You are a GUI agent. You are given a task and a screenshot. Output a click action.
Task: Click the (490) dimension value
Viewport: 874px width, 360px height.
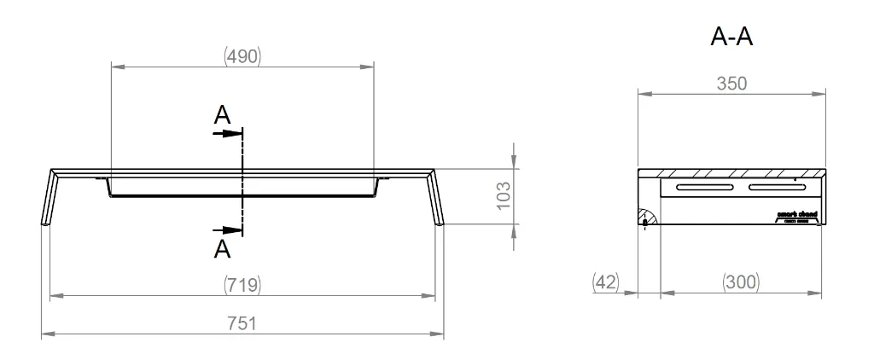[x=242, y=56]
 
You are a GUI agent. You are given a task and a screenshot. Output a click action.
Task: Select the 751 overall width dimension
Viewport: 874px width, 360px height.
[x=242, y=323]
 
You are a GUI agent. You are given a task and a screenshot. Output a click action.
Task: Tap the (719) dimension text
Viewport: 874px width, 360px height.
[x=242, y=284]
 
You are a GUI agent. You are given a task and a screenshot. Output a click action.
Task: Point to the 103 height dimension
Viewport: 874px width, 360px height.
[x=503, y=196]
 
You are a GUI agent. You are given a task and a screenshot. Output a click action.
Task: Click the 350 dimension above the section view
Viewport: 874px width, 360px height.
[x=732, y=84]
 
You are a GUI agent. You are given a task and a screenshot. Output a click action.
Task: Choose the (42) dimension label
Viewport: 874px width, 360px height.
[x=605, y=281]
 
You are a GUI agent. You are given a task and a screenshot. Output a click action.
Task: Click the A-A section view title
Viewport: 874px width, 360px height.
[x=731, y=38]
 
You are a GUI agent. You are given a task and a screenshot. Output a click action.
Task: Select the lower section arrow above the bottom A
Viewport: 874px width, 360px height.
[x=228, y=229]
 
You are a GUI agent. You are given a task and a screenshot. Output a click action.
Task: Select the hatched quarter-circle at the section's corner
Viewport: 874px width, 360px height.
[x=645, y=218]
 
